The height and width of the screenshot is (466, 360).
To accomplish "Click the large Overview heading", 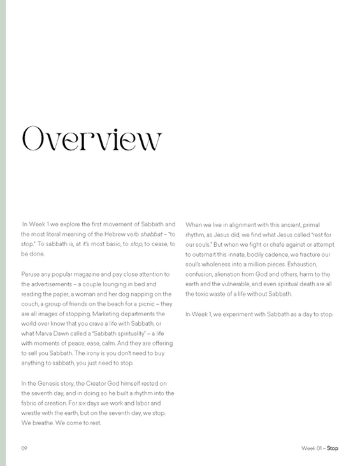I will (92, 138).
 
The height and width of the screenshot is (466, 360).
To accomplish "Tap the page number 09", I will (24, 448).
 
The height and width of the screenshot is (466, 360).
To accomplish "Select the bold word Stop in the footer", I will (332, 448).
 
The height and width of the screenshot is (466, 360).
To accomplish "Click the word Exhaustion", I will (307, 264).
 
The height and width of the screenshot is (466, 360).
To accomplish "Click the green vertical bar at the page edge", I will (3, 233).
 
